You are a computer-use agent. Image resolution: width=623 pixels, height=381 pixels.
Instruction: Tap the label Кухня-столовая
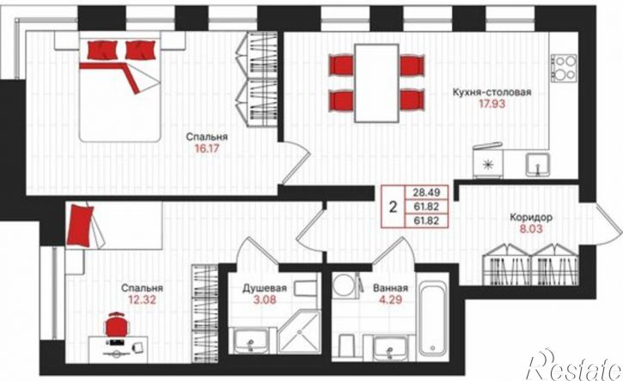pyautogui.click(x=492, y=93)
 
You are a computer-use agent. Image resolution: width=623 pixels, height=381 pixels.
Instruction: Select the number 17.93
pyautogui.click(x=492, y=105)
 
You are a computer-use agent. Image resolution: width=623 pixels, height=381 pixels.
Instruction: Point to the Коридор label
pyautogui.click(x=531, y=217)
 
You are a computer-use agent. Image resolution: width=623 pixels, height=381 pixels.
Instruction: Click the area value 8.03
pyautogui.click(x=531, y=229)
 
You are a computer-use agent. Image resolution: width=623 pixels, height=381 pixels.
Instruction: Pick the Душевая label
pyautogui.click(x=265, y=287)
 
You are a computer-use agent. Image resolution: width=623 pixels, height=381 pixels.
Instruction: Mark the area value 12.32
pyautogui.click(x=142, y=299)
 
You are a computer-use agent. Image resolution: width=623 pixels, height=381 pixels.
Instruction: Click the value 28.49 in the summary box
pyautogui.click(x=426, y=193)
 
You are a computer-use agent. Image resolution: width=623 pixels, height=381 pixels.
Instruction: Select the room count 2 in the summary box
pyautogui.click(x=393, y=207)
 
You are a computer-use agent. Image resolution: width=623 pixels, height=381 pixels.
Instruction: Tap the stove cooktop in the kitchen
pyautogui.click(x=565, y=68)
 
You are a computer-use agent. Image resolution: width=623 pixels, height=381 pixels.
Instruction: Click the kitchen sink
pyautogui.click(x=538, y=165)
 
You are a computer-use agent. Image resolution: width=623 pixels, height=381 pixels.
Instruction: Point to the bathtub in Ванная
pyautogui.click(x=432, y=318)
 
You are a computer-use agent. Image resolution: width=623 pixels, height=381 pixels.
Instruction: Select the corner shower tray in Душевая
pyautogui.click(x=300, y=333)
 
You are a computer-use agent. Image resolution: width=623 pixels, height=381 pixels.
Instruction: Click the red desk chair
pyautogui.click(x=117, y=324)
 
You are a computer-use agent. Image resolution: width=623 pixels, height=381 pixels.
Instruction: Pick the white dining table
pyautogui.click(x=376, y=83)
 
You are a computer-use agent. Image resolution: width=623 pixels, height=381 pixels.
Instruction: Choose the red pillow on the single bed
pyautogui.click(x=80, y=226)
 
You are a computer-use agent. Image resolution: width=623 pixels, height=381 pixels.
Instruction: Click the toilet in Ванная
pyautogui.click(x=346, y=346)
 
